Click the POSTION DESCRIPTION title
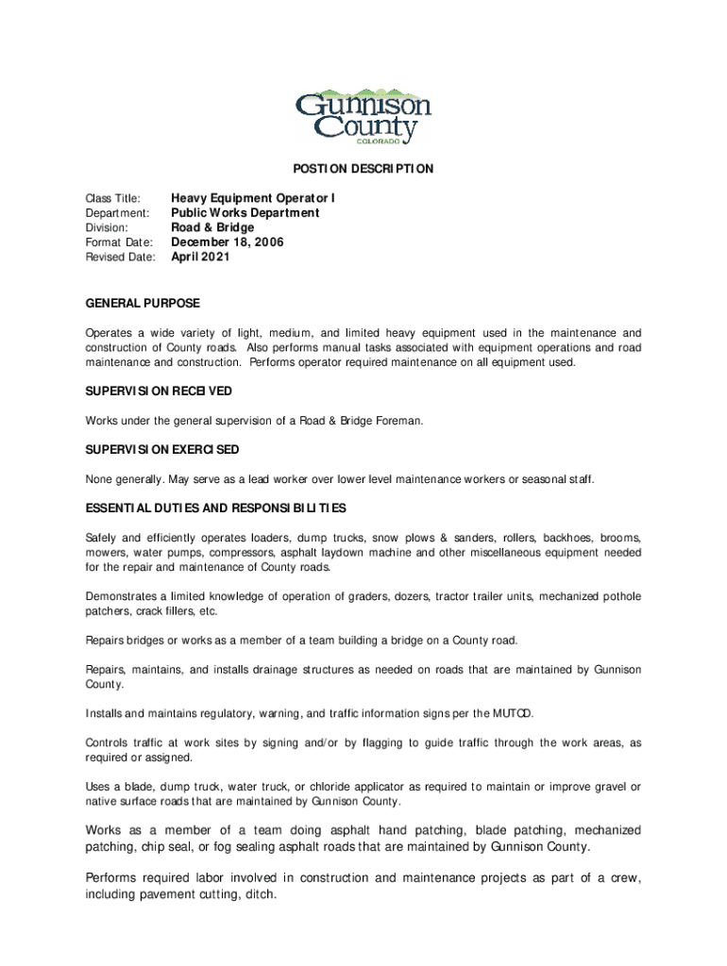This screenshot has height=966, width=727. pos(363,169)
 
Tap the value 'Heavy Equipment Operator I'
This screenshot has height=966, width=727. pos(252,199)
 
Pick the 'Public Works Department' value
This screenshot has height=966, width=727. pos(245,213)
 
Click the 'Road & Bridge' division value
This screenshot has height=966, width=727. pos(211,227)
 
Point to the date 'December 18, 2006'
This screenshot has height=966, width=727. pos(227,242)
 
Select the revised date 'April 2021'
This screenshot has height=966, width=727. pos(199,257)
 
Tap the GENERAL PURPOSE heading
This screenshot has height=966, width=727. pos(143,304)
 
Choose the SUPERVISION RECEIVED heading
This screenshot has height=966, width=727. pos(159,391)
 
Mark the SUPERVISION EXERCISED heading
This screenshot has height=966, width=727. pos(161,449)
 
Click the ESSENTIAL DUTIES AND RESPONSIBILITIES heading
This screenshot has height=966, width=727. pos(215,508)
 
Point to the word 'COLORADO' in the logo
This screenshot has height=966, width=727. pos(381,142)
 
